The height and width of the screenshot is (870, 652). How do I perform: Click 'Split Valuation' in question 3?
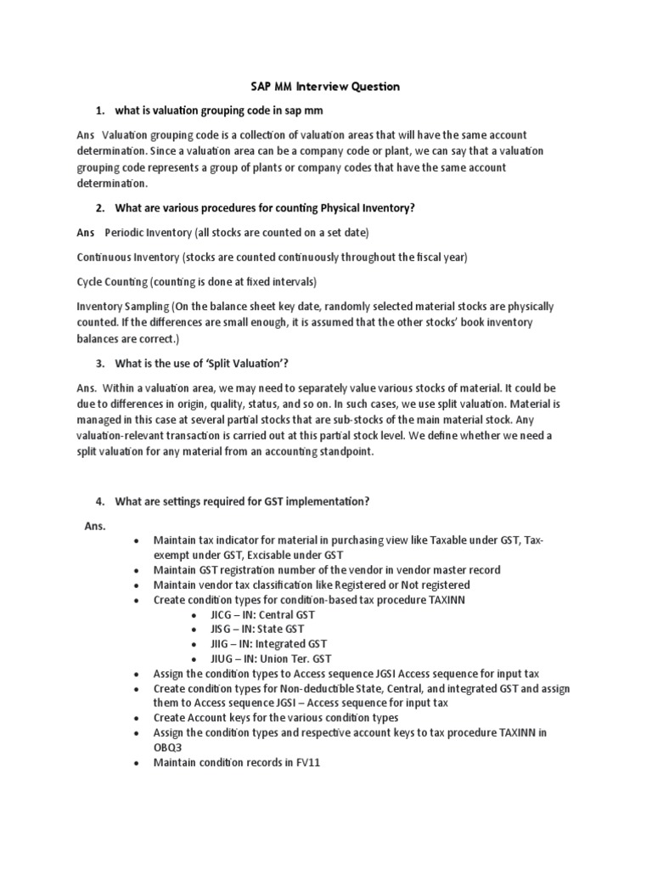click(245, 364)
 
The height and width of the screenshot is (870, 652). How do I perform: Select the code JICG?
click(223, 614)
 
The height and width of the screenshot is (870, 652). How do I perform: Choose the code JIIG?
click(222, 644)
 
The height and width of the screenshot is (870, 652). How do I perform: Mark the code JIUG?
click(223, 658)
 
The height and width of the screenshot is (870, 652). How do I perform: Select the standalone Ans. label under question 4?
click(94, 526)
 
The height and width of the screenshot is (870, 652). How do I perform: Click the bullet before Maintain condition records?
click(136, 763)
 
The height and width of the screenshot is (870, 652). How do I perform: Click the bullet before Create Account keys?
click(136, 718)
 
